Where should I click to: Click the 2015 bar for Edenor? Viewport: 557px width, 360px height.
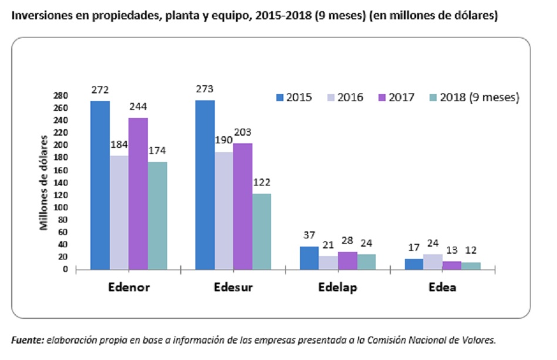coord(100,185)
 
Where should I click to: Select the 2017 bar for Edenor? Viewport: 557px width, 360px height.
coord(138,193)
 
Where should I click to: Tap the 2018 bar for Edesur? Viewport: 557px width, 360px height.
coord(262,231)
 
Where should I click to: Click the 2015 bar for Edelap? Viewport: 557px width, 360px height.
coord(309,258)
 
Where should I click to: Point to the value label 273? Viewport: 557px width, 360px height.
coord(205,89)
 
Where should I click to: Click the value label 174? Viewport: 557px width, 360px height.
coord(157,151)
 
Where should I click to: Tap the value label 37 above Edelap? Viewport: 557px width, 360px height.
coord(309,235)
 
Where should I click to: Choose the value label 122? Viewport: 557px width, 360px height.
coord(262,182)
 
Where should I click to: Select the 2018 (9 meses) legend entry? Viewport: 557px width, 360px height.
coord(472,97)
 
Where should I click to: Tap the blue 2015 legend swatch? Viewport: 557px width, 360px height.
coord(279,97)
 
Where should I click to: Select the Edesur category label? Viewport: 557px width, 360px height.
coord(233,288)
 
